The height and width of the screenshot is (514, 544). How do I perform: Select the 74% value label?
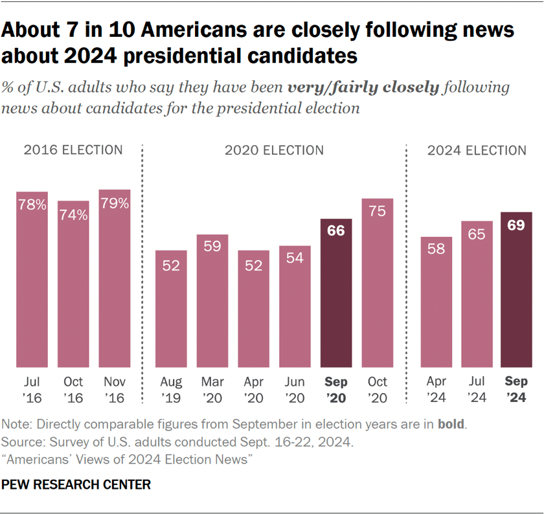(x=73, y=215)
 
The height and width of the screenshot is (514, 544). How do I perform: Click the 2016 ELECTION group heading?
(x=73, y=150)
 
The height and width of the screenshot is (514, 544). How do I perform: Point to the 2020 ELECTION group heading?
(x=274, y=151)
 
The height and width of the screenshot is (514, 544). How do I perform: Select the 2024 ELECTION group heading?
(x=477, y=151)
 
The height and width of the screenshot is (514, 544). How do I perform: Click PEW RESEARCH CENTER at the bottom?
(x=76, y=484)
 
